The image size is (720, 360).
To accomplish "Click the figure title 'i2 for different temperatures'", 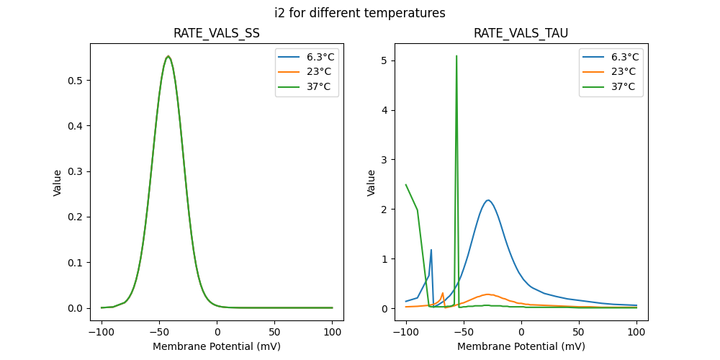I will pyautogui.click(x=360, y=13).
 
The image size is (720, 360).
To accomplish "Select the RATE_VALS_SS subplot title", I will pyautogui.click(x=217, y=34).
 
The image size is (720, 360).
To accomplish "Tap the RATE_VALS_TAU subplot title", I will pyautogui.click(x=521, y=34).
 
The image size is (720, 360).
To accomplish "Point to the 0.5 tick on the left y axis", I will pyautogui.click(x=76, y=81).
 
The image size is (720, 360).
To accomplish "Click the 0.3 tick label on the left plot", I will pyautogui.click(x=76, y=171).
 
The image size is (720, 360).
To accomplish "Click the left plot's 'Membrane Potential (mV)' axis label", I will pyautogui.click(x=217, y=346).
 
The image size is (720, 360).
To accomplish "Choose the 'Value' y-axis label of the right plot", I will pyautogui.click(x=372, y=182).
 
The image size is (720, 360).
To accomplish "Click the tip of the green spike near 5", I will pyautogui.click(x=456, y=55).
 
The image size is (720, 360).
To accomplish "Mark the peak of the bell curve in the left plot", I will pyautogui.click(x=168, y=56).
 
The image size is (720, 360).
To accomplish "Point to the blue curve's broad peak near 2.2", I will pyautogui.click(x=488, y=200).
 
